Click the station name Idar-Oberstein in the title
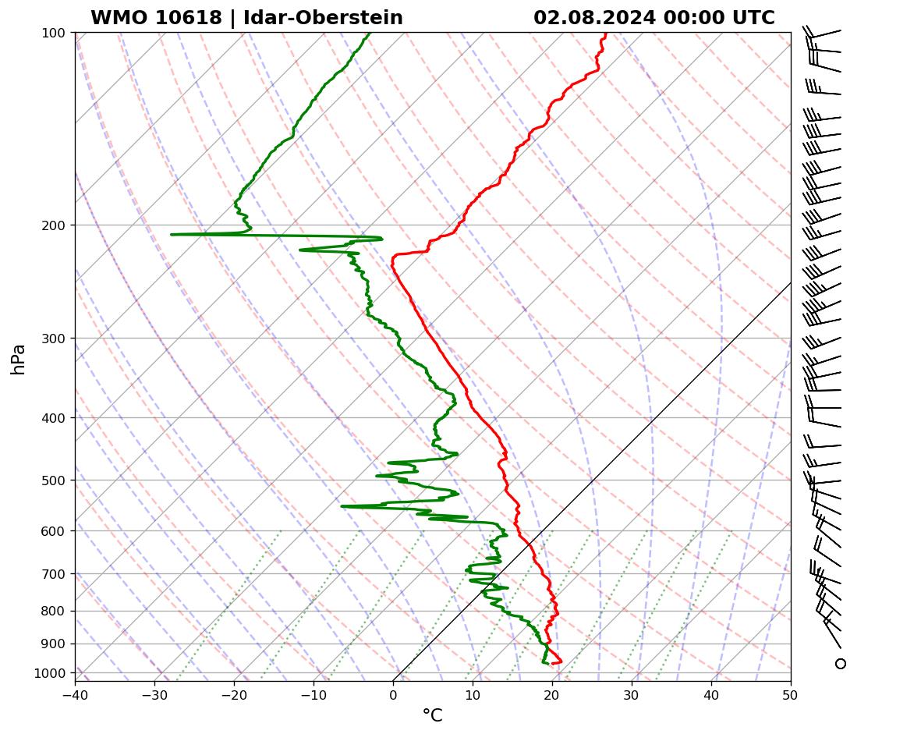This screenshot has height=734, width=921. pos(323,18)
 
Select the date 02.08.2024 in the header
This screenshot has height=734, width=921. pos(594,18)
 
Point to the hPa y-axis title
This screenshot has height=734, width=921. pos(18,359)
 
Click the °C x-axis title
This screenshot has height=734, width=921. pos(432,715)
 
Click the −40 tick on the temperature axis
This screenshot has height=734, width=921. pos(75,693)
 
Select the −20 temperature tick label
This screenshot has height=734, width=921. pos(234,693)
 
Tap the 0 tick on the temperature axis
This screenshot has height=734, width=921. pos(393,693)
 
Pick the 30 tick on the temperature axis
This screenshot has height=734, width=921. pos(632,693)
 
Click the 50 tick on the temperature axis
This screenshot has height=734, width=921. pos(791,693)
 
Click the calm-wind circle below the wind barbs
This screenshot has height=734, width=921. pos(840,664)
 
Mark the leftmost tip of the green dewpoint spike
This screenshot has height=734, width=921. pos(172,234)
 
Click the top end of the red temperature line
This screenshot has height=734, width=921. pos(605,34)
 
